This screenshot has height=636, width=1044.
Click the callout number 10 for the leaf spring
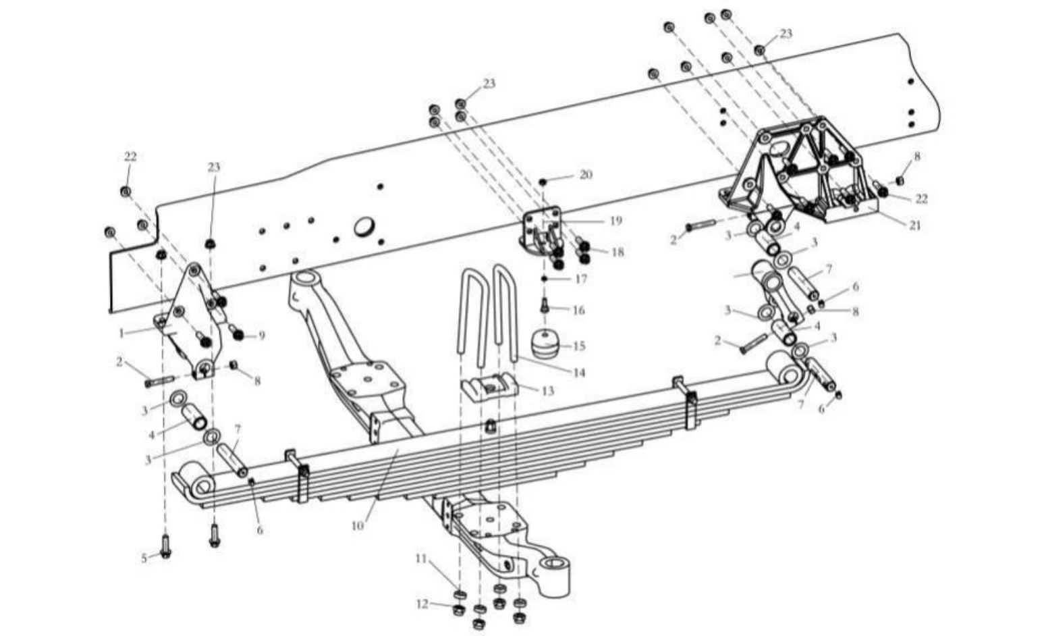point(358,525)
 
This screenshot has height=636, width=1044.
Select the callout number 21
point(915,226)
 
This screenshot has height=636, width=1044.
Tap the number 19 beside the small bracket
point(616,221)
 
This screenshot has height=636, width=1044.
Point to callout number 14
point(579,373)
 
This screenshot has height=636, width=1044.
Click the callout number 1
point(121,333)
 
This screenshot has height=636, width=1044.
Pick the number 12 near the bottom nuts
point(422,604)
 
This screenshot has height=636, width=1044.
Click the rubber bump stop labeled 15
point(545,344)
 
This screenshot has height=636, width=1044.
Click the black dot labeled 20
point(543,181)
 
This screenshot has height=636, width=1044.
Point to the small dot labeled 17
point(544,279)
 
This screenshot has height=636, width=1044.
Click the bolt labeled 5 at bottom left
point(165,546)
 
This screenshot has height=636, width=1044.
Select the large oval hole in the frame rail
point(364,227)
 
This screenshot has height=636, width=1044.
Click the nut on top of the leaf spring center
point(489,426)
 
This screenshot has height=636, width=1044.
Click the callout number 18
point(617,253)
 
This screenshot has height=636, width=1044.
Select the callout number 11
point(421,558)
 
